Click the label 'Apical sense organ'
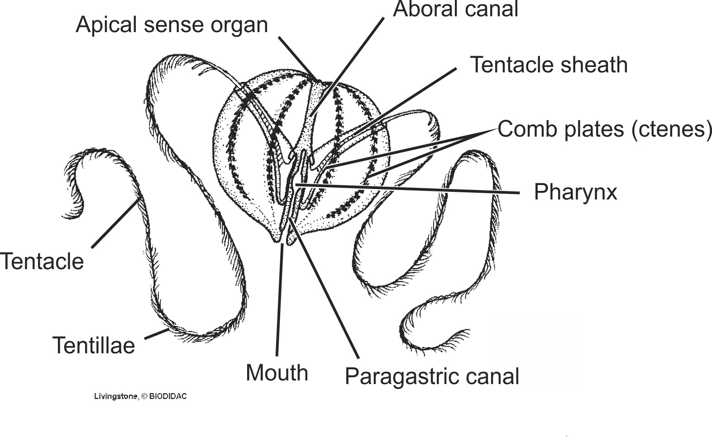pyautogui.click(x=172, y=25)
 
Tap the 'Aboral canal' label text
pyautogui.click(x=455, y=10)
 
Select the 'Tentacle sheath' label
pyautogui.click(x=549, y=65)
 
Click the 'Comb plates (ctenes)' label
pyautogui.click(x=605, y=129)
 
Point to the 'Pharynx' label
pyautogui.click(x=575, y=192)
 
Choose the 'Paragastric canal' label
pyautogui.click(x=432, y=376)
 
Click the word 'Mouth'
pyautogui.click(x=277, y=373)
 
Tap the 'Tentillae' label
pyautogui.click(x=94, y=346)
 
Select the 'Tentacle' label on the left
pyautogui.click(x=42, y=261)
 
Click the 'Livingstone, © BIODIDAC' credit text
pyautogui.click(x=140, y=396)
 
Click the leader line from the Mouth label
pyautogui.click(x=279, y=299)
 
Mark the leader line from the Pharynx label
pyautogui.click(x=407, y=189)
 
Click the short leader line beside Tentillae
pyautogui.click(x=157, y=334)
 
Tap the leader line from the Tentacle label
pyautogui.click(x=115, y=223)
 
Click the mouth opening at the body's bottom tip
pyautogui.click(x=283, y=239)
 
